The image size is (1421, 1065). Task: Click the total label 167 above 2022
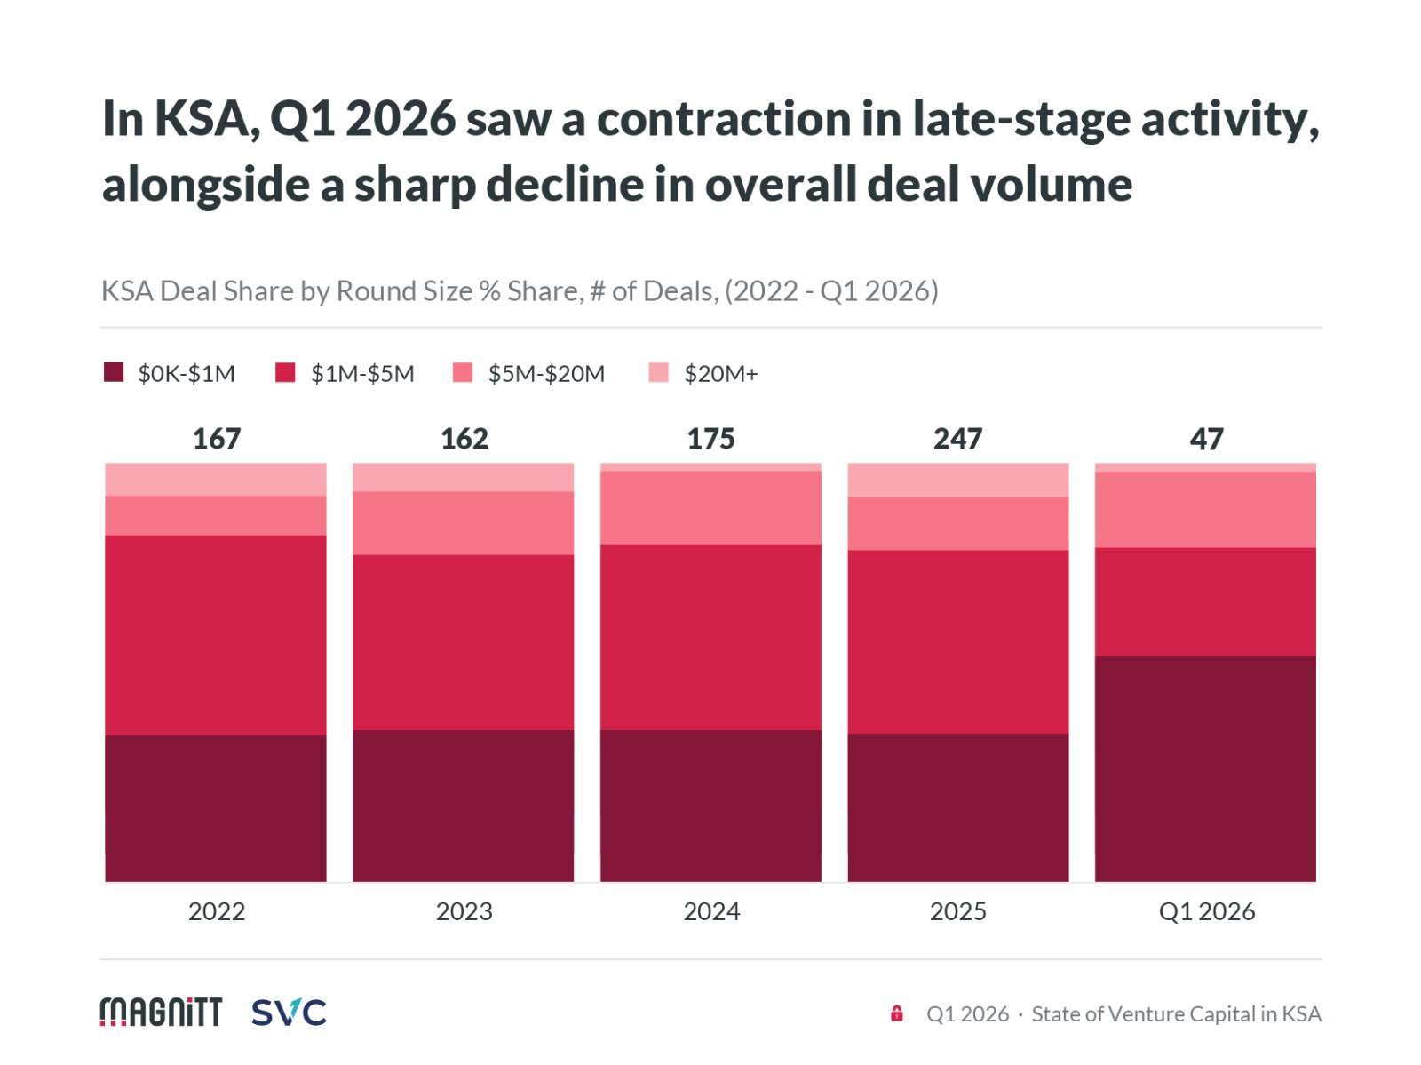(217, 439)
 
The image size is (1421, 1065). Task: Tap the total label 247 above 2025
(957, 439)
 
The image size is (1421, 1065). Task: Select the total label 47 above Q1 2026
(1206, 439)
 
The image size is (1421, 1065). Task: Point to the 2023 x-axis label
(464, 911)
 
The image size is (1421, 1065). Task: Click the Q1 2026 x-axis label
(1206, 911)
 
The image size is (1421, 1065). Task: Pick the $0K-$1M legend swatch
(114, 372)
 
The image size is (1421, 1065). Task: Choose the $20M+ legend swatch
(658, 372)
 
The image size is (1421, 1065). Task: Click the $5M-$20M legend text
(546, 374)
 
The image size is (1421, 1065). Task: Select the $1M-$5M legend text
(362, 374)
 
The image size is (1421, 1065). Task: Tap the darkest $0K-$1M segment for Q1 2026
(1205, 768)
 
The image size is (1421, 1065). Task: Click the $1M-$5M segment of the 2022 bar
(216, 635)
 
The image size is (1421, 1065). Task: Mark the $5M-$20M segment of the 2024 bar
(710, 508)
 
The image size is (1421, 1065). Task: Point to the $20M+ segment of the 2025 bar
(957, 480)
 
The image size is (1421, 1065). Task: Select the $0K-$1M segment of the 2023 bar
(463, 806)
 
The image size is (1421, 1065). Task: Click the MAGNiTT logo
(161, 1012)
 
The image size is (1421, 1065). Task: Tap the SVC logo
(289, 1012)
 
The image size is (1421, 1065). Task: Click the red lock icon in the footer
(897, 1013)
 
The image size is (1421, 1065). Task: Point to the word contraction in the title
(723, 119)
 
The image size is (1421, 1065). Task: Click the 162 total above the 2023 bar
(464, 439)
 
